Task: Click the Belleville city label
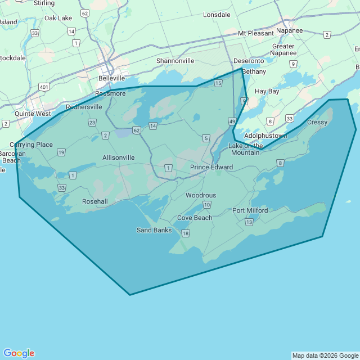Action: tap(111, 78)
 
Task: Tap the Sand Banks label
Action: tap(154, 230)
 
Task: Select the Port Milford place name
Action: tap(250, 210)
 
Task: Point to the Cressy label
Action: tap(317, 122)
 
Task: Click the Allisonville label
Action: tap(119, 157)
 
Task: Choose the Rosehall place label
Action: tap(95, 201)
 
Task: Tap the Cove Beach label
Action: tap(195, 218)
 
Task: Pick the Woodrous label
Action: tap(201, 195)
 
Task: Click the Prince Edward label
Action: tap(211, 167)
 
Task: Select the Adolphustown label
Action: tap(265, 136)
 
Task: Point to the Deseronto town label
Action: tap(248, 61)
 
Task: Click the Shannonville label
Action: tap(175, 61)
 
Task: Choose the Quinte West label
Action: tap(33, 114)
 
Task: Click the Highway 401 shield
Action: tap(44, 87)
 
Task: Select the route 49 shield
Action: tap(232, 121)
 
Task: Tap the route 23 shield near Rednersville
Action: tap(92, 122)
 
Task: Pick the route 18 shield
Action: tap(186, 233)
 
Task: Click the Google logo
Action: tap(19, 353)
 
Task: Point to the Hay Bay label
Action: tap(267, 91)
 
